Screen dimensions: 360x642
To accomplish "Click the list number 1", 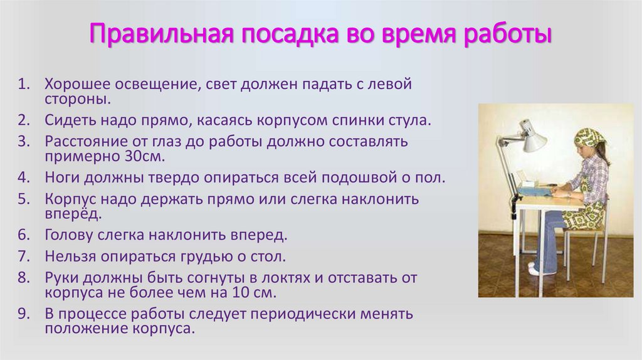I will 24,83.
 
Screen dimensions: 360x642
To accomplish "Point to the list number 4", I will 24,177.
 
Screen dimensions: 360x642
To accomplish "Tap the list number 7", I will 24,256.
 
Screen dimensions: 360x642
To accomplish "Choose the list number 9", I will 24,314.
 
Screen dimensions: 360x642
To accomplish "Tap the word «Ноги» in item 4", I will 63,177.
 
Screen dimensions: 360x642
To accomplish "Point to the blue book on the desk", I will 534,189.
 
